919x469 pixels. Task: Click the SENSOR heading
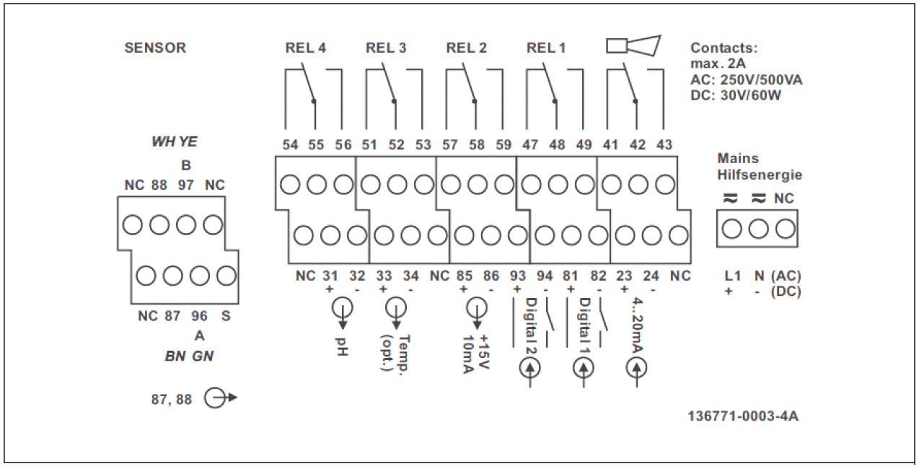[x=155, y=48]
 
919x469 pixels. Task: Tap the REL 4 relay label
[x=306, y=48]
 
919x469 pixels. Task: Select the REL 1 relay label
[x=546, y=48]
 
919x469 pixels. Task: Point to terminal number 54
[x=290, y=145]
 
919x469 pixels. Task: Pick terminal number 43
[x=664, y=145]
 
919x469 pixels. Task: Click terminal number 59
[x=503, y=145]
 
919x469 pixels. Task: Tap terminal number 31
[x=330, y=276]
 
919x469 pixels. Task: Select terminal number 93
[x=517, y=276]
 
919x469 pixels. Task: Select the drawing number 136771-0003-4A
[x=743, y=416]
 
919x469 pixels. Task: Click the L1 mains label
[x=732, y=276]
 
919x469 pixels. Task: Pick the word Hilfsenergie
[x=759, y=175]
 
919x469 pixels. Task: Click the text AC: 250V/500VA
[x=746, y=80]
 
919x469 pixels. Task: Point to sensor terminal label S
[x=227, y=316]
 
